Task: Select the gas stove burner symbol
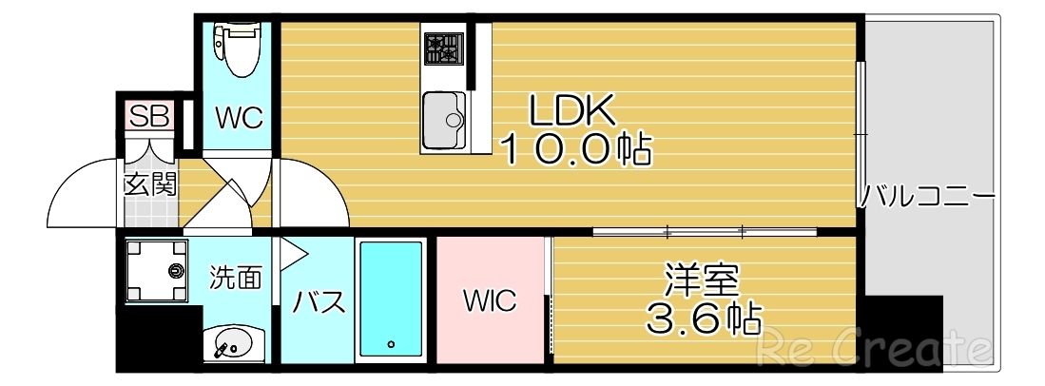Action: pyautogui.click(x=442, y=48)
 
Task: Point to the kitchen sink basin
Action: pyautogui.click(x=443, y=120)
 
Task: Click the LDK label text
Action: pyautogui.click(x=573, y=112)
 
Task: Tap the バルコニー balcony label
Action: pyautogui.click(x=928, y=198)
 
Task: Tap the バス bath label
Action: pyautogui.click(x=318, y=302)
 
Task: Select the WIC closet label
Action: pyautogui.click(x=490, y=301)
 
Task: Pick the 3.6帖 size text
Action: pyautogui.click(x=704, y=319)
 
